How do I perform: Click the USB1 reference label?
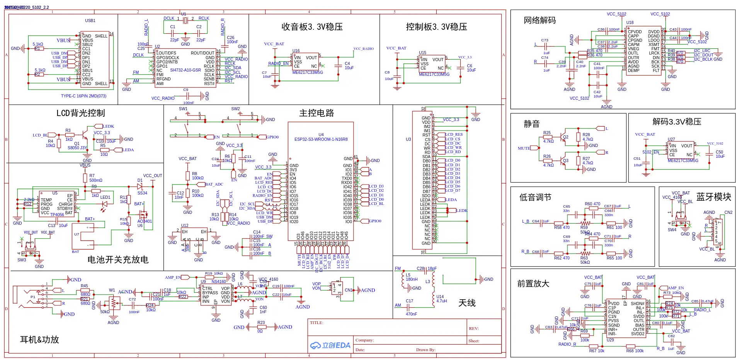coord(90,20)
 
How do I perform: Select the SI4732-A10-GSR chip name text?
coord(185,70)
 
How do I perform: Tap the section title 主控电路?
coord(316,113)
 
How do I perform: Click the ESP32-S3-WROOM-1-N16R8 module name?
coord(321,140)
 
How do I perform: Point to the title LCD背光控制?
coord(80,113)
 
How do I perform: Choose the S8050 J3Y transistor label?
coord(77,148)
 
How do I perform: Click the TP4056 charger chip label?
coord(57,215)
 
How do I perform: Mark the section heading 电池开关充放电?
coord(118,259)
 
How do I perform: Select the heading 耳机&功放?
coord(39,340)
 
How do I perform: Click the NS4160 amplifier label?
coord(219,282)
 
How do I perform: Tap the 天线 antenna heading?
coord(467,303)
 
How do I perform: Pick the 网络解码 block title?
coord(539,20)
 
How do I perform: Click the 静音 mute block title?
coord(531,124)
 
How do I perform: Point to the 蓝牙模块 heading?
coord(713,197)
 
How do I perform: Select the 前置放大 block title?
coord(533,283)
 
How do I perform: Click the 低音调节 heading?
coord(535,197)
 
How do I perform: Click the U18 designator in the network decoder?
coord(630,23)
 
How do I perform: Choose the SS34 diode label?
coord(142,193)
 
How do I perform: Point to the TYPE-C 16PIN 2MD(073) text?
coord(83,96)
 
